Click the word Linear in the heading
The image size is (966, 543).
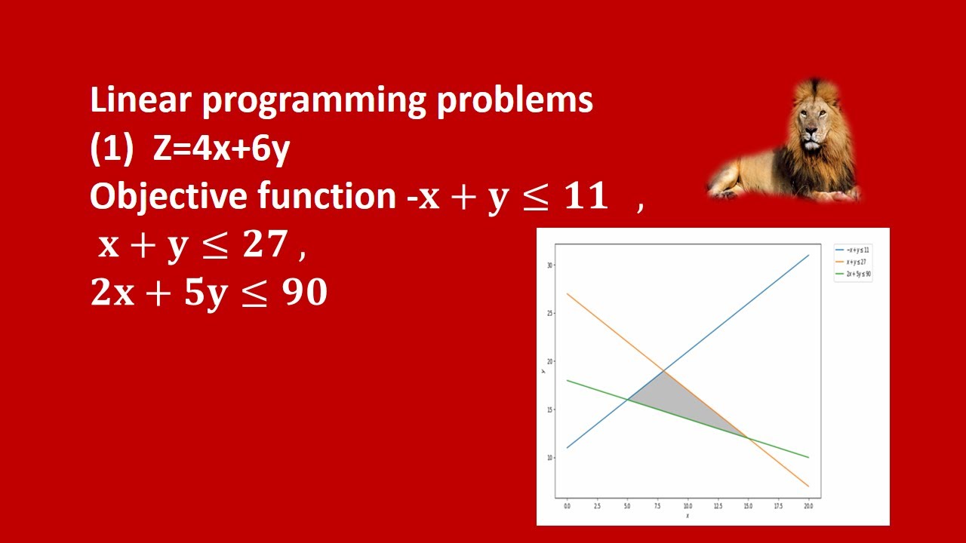[140, 100]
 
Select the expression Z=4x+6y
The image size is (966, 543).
[221, 149]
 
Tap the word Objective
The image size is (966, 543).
[168, 197]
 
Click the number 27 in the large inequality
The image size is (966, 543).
[265, 245]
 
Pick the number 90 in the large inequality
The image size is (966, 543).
[303, 293]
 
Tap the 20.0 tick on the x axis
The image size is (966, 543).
[808, 505]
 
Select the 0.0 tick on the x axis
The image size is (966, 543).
[567, 505]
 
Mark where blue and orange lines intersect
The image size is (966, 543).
[663, 370]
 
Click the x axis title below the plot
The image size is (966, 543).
[687, 516]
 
